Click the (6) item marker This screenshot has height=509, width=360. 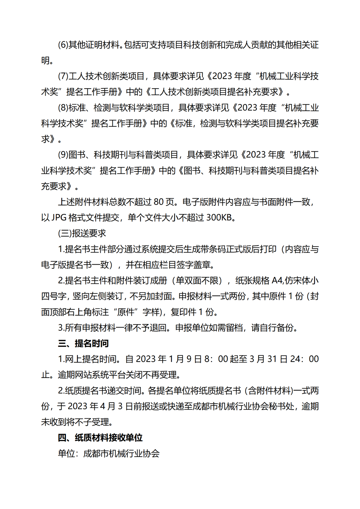[x=63, y=45]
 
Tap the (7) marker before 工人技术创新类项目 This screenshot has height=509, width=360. [x=63, y=76]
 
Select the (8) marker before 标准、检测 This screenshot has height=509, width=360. [x=63, y=108]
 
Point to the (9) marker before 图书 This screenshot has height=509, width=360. [x=63, y=155]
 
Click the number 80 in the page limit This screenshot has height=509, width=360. [x=159, y=202]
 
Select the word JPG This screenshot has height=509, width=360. [x=59, y=218]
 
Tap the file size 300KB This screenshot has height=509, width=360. [x=219, y=218]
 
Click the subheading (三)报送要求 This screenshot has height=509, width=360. [x=82, y=233]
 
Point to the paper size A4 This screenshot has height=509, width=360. [x=277, y=281]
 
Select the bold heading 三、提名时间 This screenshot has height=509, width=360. [x=83, y=343]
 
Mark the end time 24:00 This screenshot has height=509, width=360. [x=304, y=359]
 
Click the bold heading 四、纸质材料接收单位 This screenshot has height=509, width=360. [x=100, y=438]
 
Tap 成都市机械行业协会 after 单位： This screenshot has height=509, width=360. [x=121, y=454]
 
